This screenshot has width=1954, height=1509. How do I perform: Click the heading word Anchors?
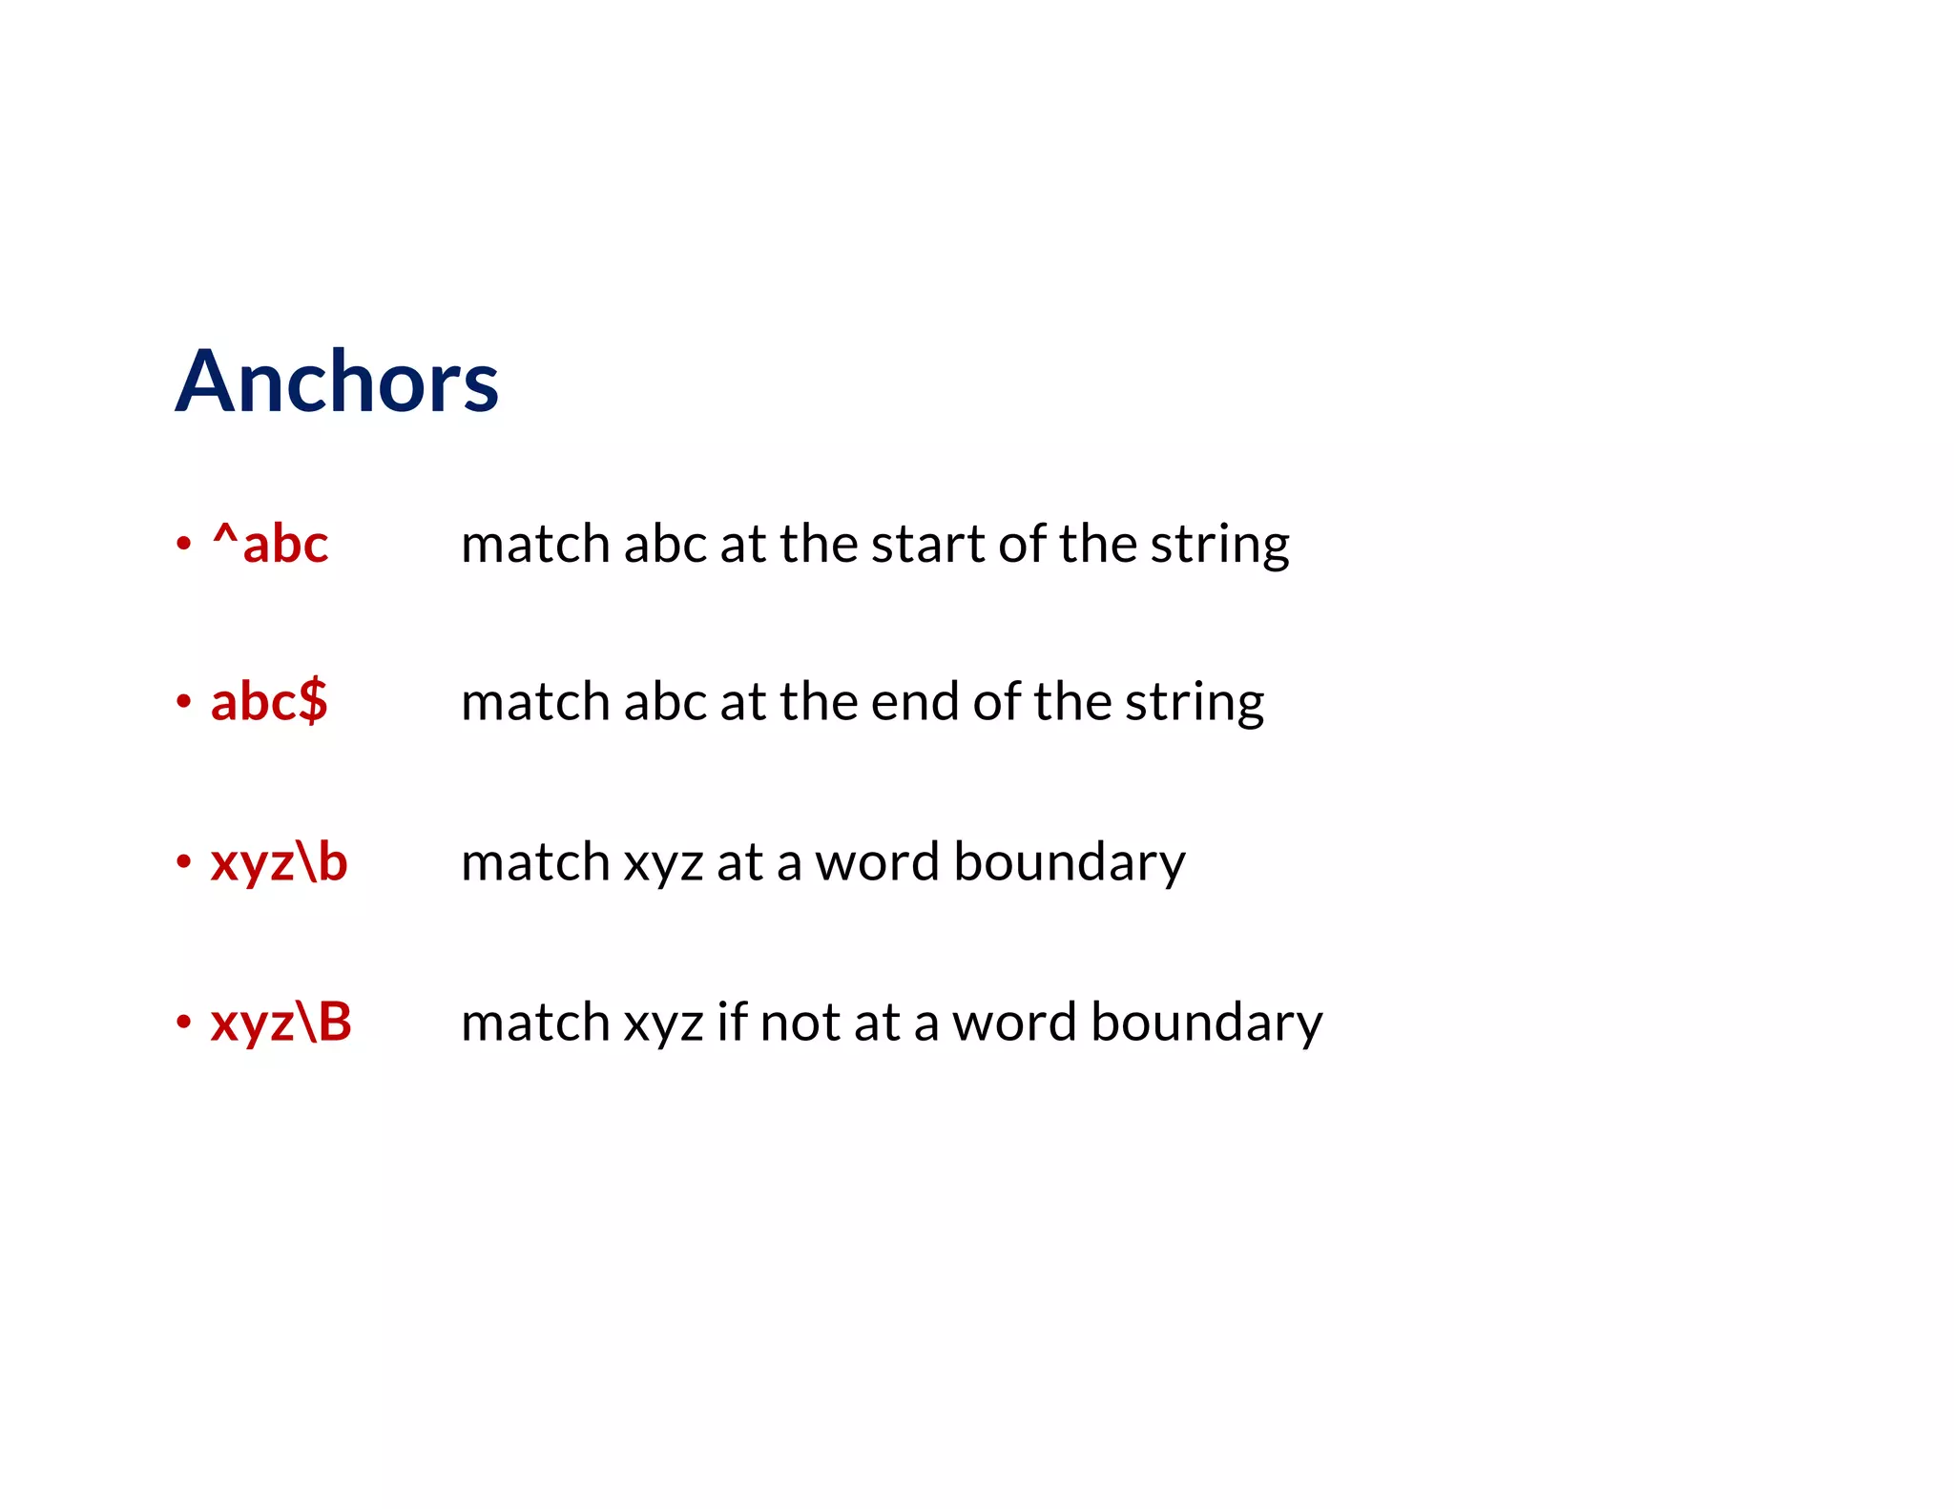(x=337, y=382)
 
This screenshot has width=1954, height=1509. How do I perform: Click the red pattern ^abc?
(x=271, y=545)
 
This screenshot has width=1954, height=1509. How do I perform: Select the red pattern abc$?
(x=269, y=702)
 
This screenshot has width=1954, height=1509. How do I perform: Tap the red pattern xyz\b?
(x=279, y=862)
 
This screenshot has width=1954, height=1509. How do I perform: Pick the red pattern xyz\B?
(x=281, y=1022)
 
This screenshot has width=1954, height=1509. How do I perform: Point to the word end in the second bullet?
(x=915, y=702)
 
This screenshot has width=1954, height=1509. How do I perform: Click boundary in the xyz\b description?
(x=1070, y=862)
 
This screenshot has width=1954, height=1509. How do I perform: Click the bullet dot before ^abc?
(x=184, y=545)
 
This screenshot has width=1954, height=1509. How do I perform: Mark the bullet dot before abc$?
(x=184, y=703)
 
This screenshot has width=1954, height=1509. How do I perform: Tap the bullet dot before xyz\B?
(x=184, y=1023)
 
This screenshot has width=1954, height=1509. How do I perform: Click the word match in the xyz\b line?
(x=535, y=862)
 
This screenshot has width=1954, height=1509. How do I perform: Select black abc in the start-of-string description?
(x=665, y=545)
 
